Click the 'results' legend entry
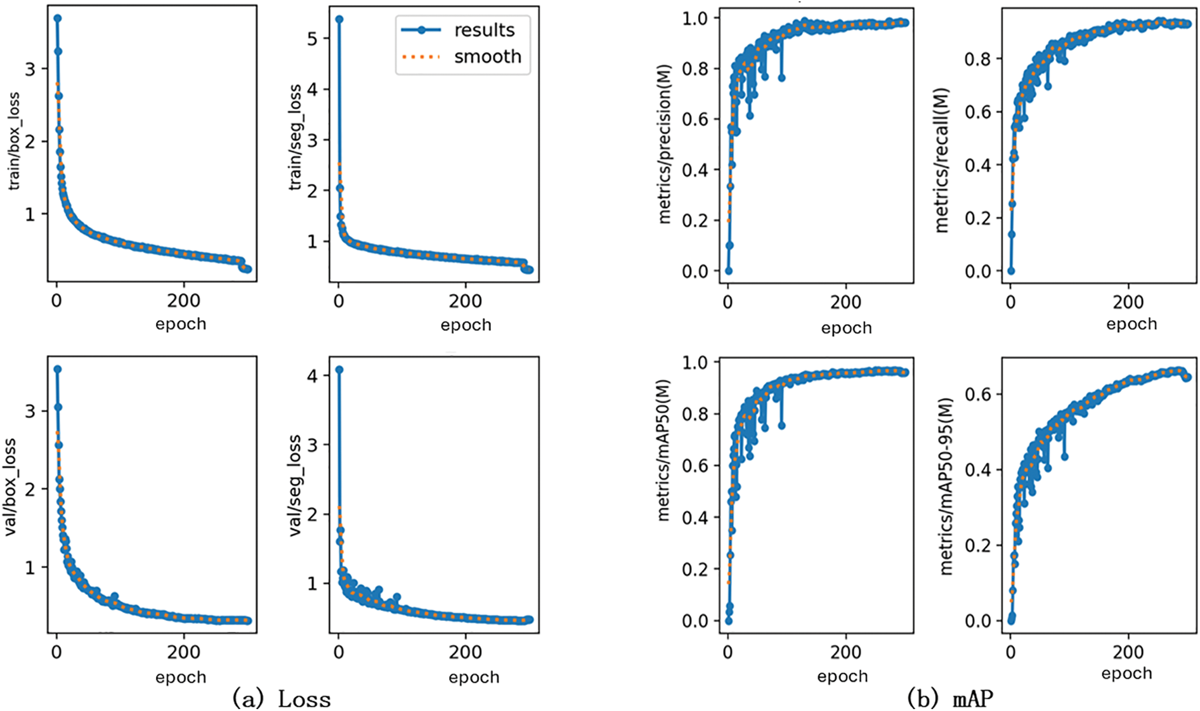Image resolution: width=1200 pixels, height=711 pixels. click(x=484, y=30)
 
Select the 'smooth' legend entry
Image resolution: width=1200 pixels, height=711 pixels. click(x=487, y=56)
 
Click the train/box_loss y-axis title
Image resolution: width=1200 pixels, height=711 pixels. click(x=14, y=141)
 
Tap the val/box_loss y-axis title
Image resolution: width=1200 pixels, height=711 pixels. click(x=11, y=486)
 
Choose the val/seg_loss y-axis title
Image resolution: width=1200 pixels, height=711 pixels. click(x=296, y=485)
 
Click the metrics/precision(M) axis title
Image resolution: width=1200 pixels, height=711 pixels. click(x=665, y=144)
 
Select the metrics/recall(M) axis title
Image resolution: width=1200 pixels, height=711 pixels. click(x=942, y=160)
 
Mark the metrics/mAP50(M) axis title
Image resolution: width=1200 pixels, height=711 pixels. click(x=664, y=450)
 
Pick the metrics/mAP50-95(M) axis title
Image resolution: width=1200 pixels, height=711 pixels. click(x=946, y=486)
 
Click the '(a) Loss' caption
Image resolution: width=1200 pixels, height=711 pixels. click(x=282, y=698)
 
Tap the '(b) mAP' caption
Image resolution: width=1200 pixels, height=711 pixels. click(x=949, y=698)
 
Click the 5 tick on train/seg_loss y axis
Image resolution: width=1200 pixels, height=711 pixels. click(x=311, y=39)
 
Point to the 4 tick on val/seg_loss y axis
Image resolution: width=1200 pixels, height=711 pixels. click(x=311, y=375)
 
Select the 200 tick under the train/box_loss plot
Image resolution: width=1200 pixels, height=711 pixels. click(x=184, y=301)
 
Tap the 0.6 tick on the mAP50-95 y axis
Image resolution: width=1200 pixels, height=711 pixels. click(x=977, y=394)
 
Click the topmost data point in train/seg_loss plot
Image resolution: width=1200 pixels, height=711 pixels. click(x=339, y=20)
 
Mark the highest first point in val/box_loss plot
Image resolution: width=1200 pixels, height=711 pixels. click(x=57, y=369)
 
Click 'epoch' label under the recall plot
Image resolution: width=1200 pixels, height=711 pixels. click(x=1132, y=324)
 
